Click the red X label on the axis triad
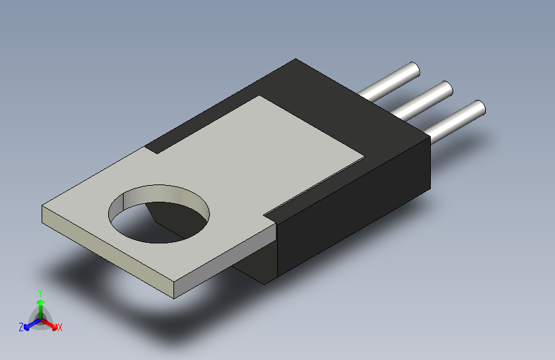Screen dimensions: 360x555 point(60,327)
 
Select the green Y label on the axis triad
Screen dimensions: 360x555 point(40,292)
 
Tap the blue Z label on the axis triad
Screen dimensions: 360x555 point(21,327)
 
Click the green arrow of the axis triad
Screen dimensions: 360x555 point(40,305)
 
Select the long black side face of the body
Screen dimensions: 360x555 point(352,205)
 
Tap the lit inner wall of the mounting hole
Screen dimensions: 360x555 point(160,195)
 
